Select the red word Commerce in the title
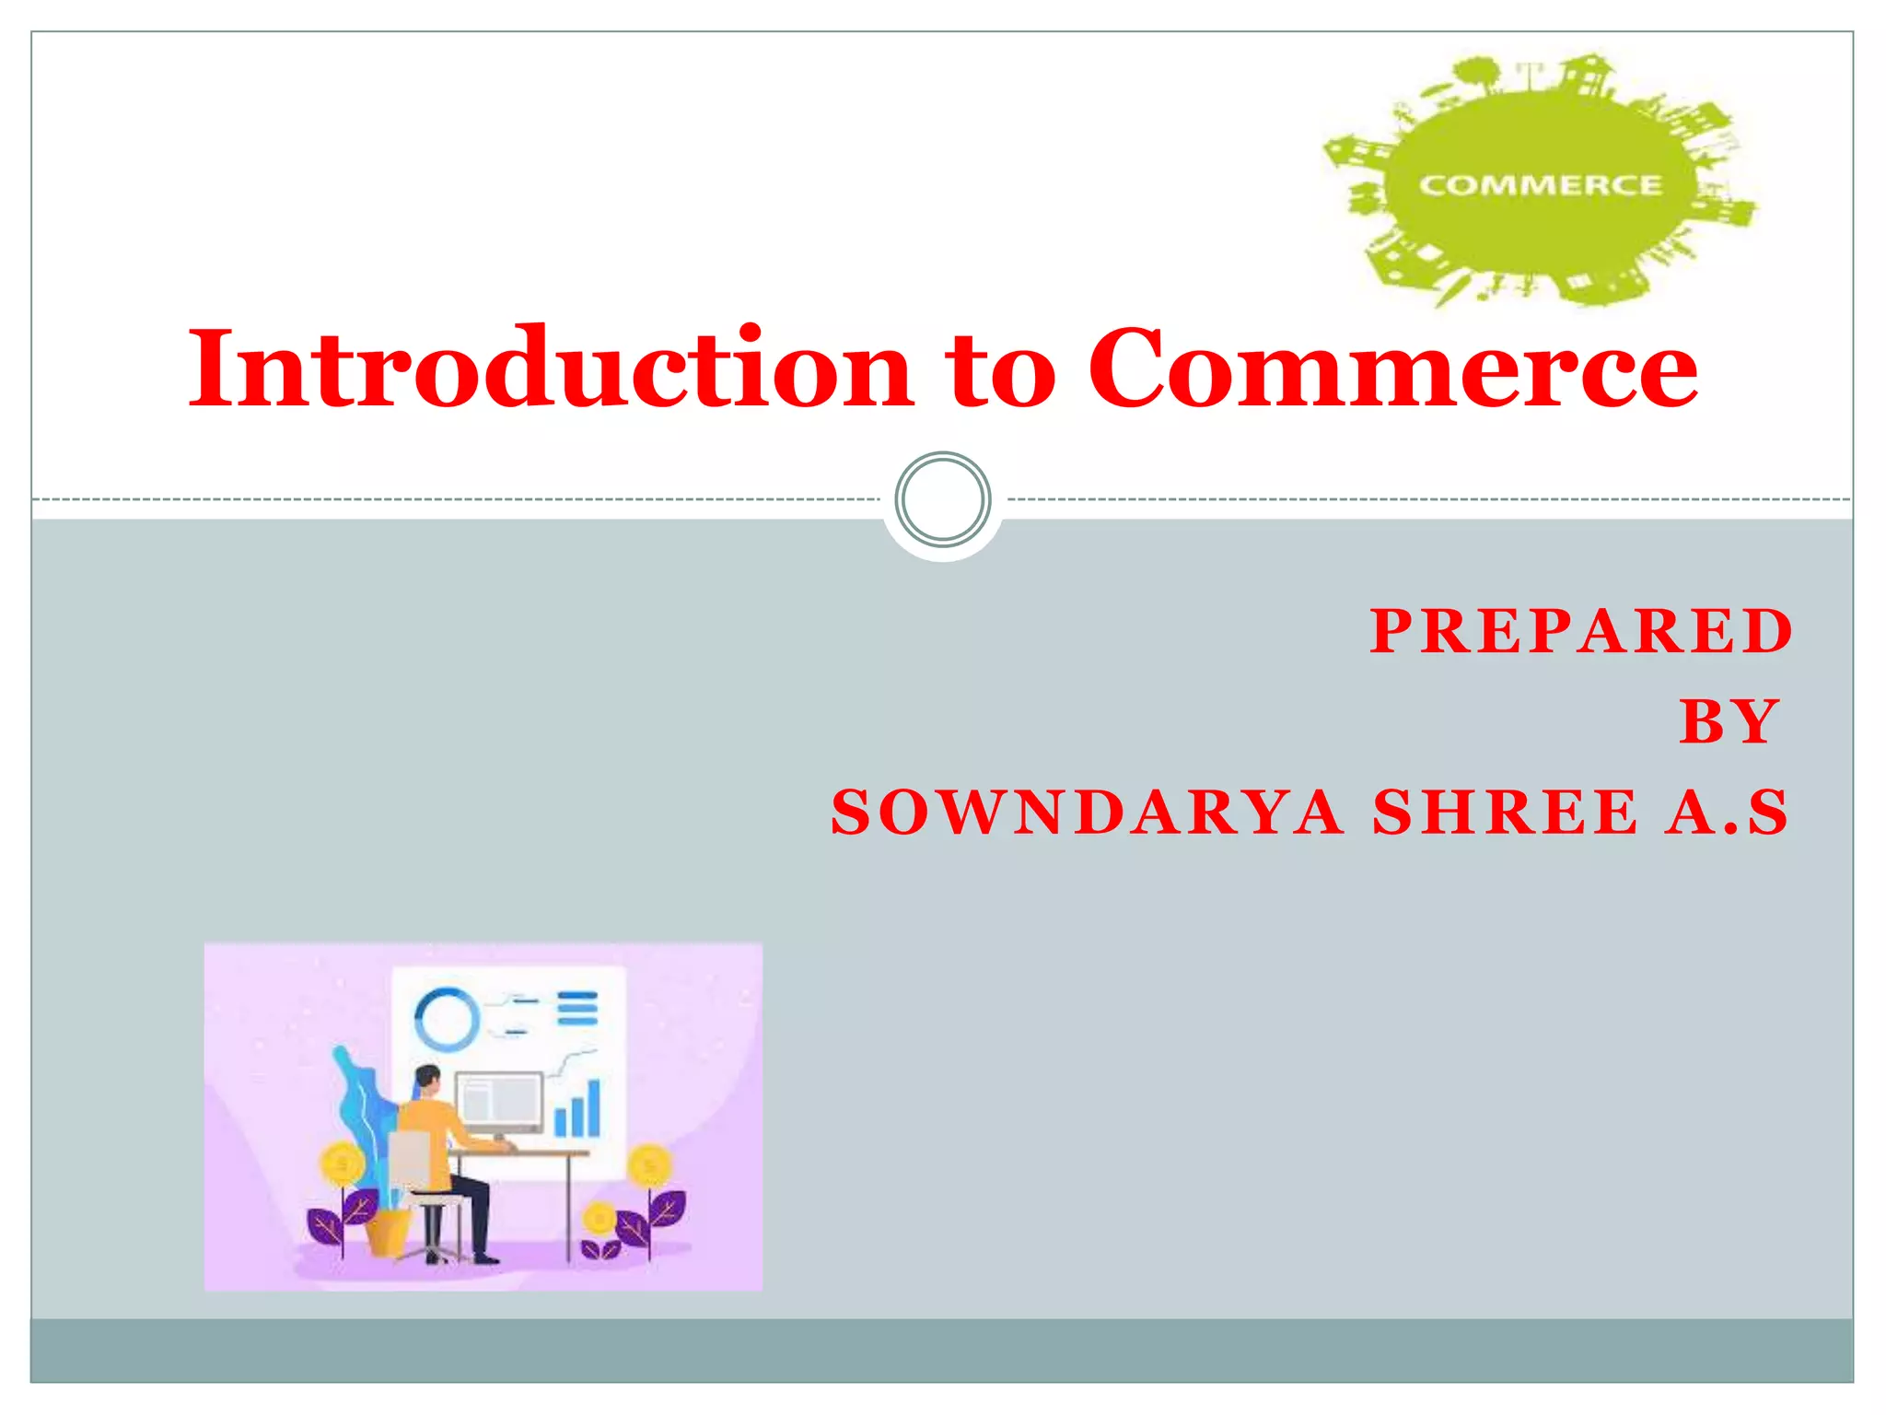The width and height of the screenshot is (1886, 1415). (x=1392, y=368)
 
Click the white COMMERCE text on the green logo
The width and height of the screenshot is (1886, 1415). (x=1540, y=185)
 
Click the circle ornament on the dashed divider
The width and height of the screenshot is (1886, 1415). (x=943, y=499)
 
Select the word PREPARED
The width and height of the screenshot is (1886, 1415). (x=1581, y=632)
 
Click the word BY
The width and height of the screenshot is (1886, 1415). (x=1729, y=721)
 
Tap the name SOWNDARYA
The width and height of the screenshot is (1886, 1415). (x=1087, y=813)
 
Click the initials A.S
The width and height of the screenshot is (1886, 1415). (x=1727, y=813)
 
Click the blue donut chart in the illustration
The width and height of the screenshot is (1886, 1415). (x=447, y=1020)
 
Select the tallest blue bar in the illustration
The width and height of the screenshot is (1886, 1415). (x=594, y=1107)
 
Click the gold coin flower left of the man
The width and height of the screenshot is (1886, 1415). (x=343, y=1165)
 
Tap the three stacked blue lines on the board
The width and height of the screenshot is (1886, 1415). (x=577, y=1009)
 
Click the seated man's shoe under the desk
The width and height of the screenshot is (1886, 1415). (x=484, y=1258)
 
